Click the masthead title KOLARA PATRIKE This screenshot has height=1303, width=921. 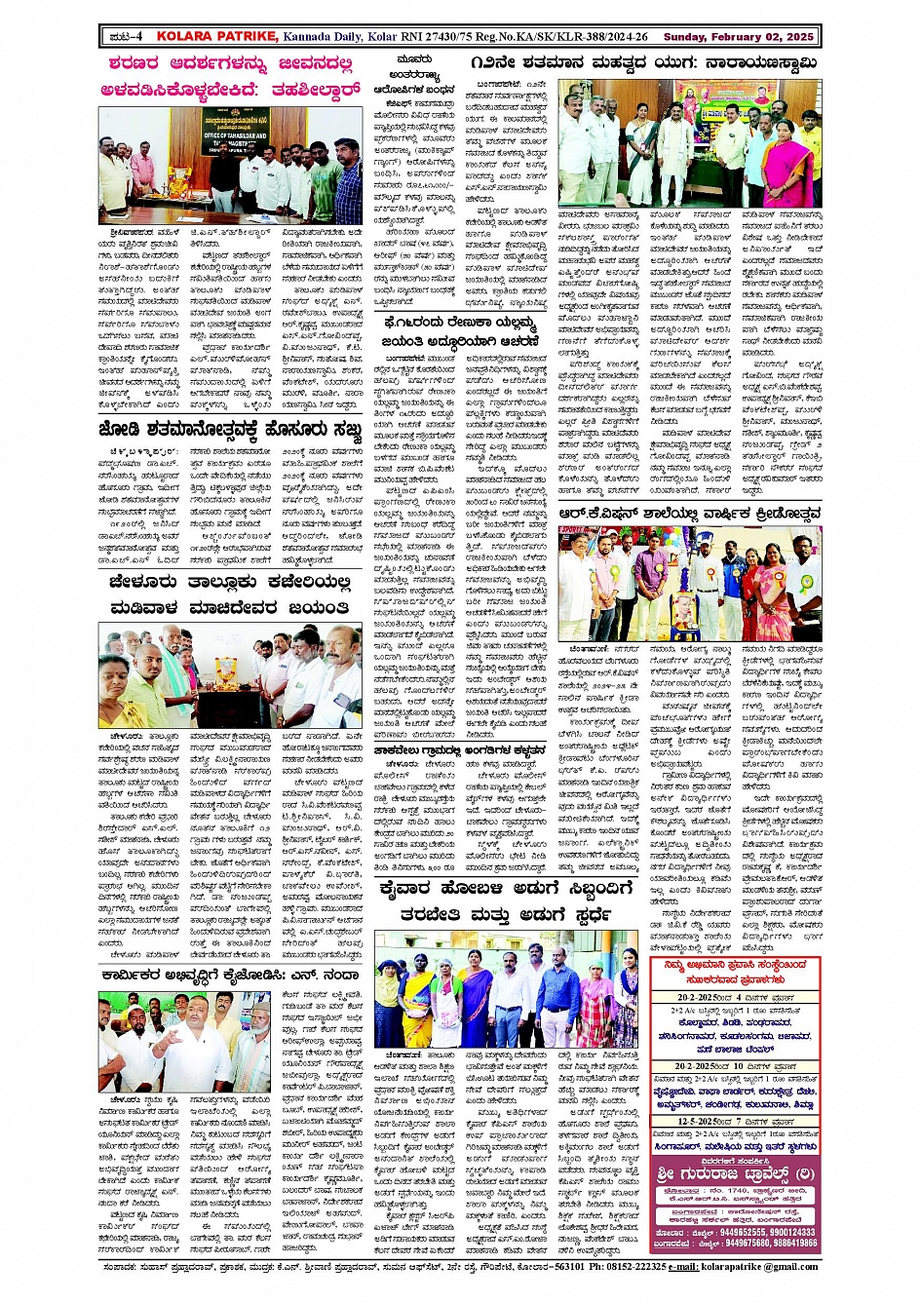(x=216, y=37)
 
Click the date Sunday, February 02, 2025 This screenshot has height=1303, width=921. (x=738, y=37)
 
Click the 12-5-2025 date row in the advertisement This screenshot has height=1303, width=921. (x=734, y=1122)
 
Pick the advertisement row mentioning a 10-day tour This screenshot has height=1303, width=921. (x=734, y=1067)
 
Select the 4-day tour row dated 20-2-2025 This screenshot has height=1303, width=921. (x=734, y=998)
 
